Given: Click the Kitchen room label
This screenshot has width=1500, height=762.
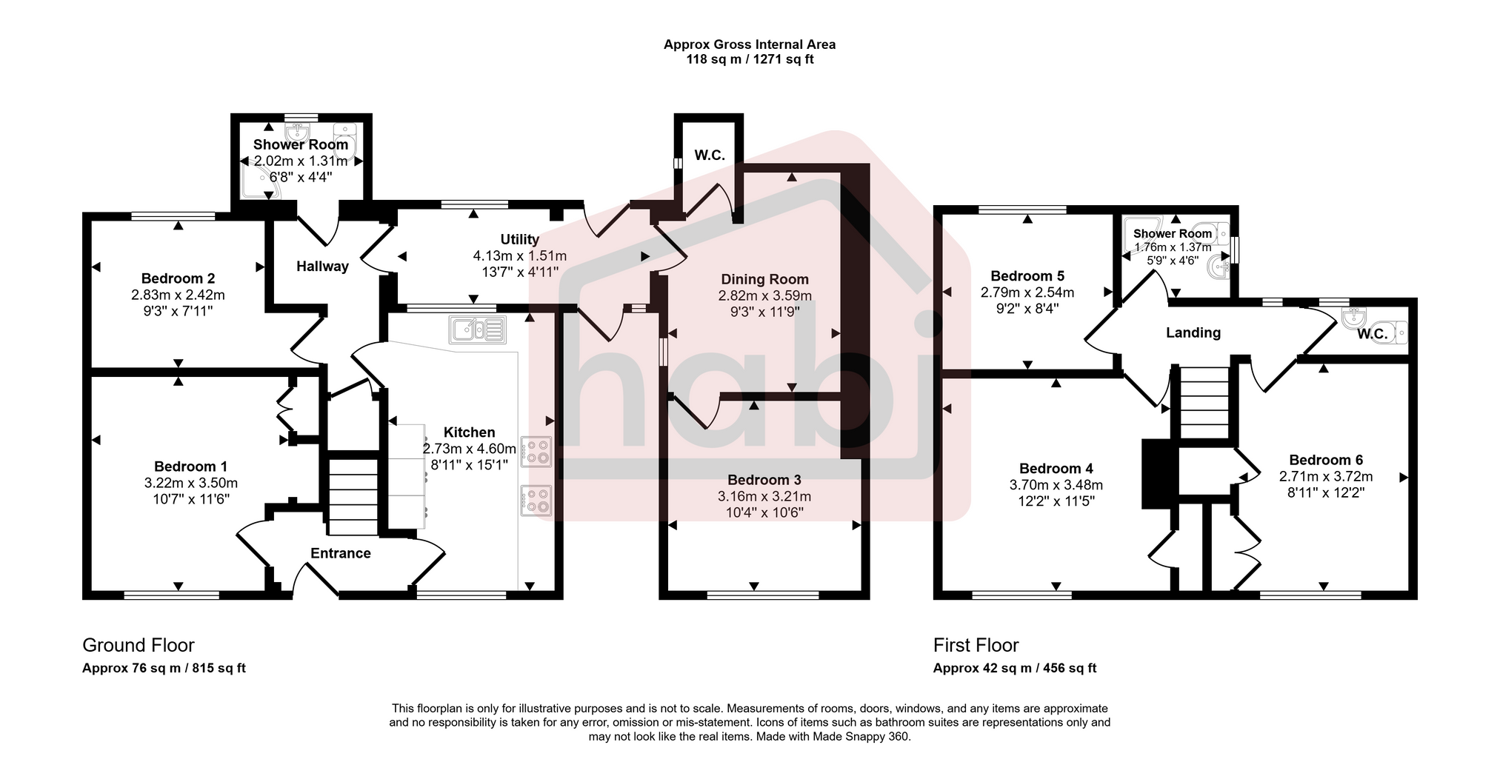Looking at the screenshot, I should [469, 432].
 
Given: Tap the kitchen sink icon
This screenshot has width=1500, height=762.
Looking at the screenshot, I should [477, 330].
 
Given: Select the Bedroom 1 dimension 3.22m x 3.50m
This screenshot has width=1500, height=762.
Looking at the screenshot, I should [191, 483].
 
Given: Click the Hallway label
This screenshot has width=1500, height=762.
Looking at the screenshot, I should [322, 267].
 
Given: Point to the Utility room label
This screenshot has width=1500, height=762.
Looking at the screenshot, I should [519, 239].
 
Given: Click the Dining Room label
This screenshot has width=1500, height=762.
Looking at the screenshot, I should [764, 279].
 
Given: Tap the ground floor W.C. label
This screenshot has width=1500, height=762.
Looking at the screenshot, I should [709, 156].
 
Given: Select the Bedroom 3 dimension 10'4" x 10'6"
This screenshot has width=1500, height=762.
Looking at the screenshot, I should [764, 512].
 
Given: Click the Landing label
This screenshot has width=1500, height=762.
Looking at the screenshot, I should [1193, 332].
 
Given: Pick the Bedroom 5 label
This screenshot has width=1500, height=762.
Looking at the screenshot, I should [1027, 276].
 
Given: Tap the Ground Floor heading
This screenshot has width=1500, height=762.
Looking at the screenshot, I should [138, 645].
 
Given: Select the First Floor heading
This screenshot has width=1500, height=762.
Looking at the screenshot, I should [976, 645].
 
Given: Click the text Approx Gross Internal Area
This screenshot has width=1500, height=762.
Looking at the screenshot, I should [749, 44].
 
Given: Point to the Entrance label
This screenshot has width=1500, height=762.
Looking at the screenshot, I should [340, 553].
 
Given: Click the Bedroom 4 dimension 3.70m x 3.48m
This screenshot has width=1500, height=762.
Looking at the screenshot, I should [1056, 485].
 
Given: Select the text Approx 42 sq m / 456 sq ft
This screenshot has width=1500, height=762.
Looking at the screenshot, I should [1014, 668].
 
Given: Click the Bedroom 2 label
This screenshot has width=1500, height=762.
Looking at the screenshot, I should [178, 278].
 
